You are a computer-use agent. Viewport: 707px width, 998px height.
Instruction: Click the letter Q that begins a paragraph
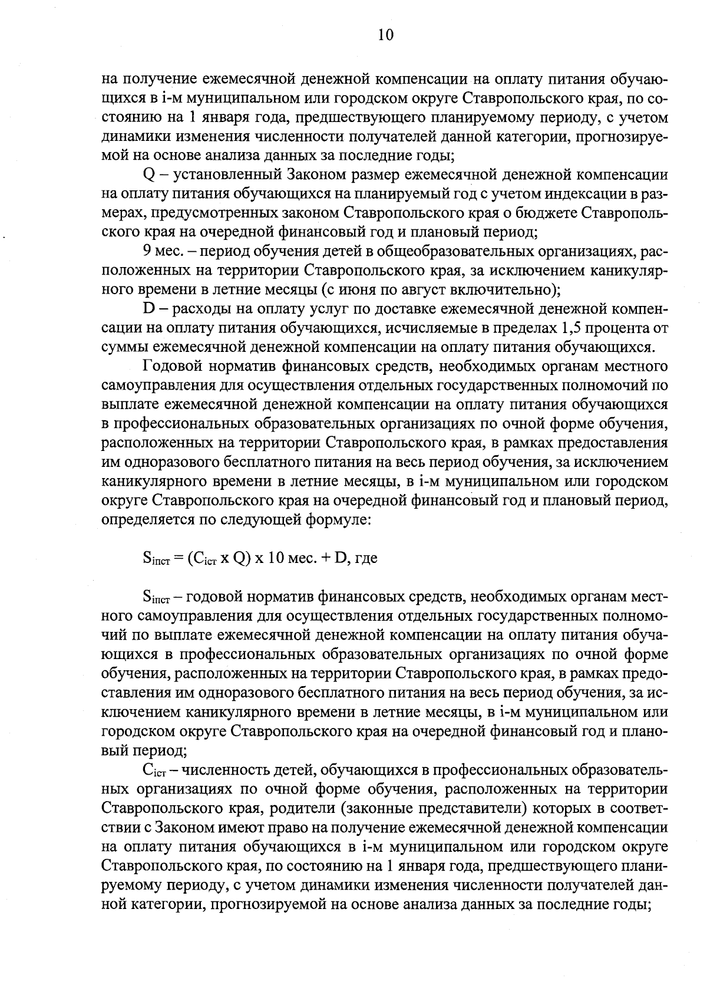(x=148, y=175)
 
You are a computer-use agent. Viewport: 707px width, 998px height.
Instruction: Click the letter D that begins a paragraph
(x=148, y=309)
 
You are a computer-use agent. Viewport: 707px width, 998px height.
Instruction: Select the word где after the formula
(x=365, y=559)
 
